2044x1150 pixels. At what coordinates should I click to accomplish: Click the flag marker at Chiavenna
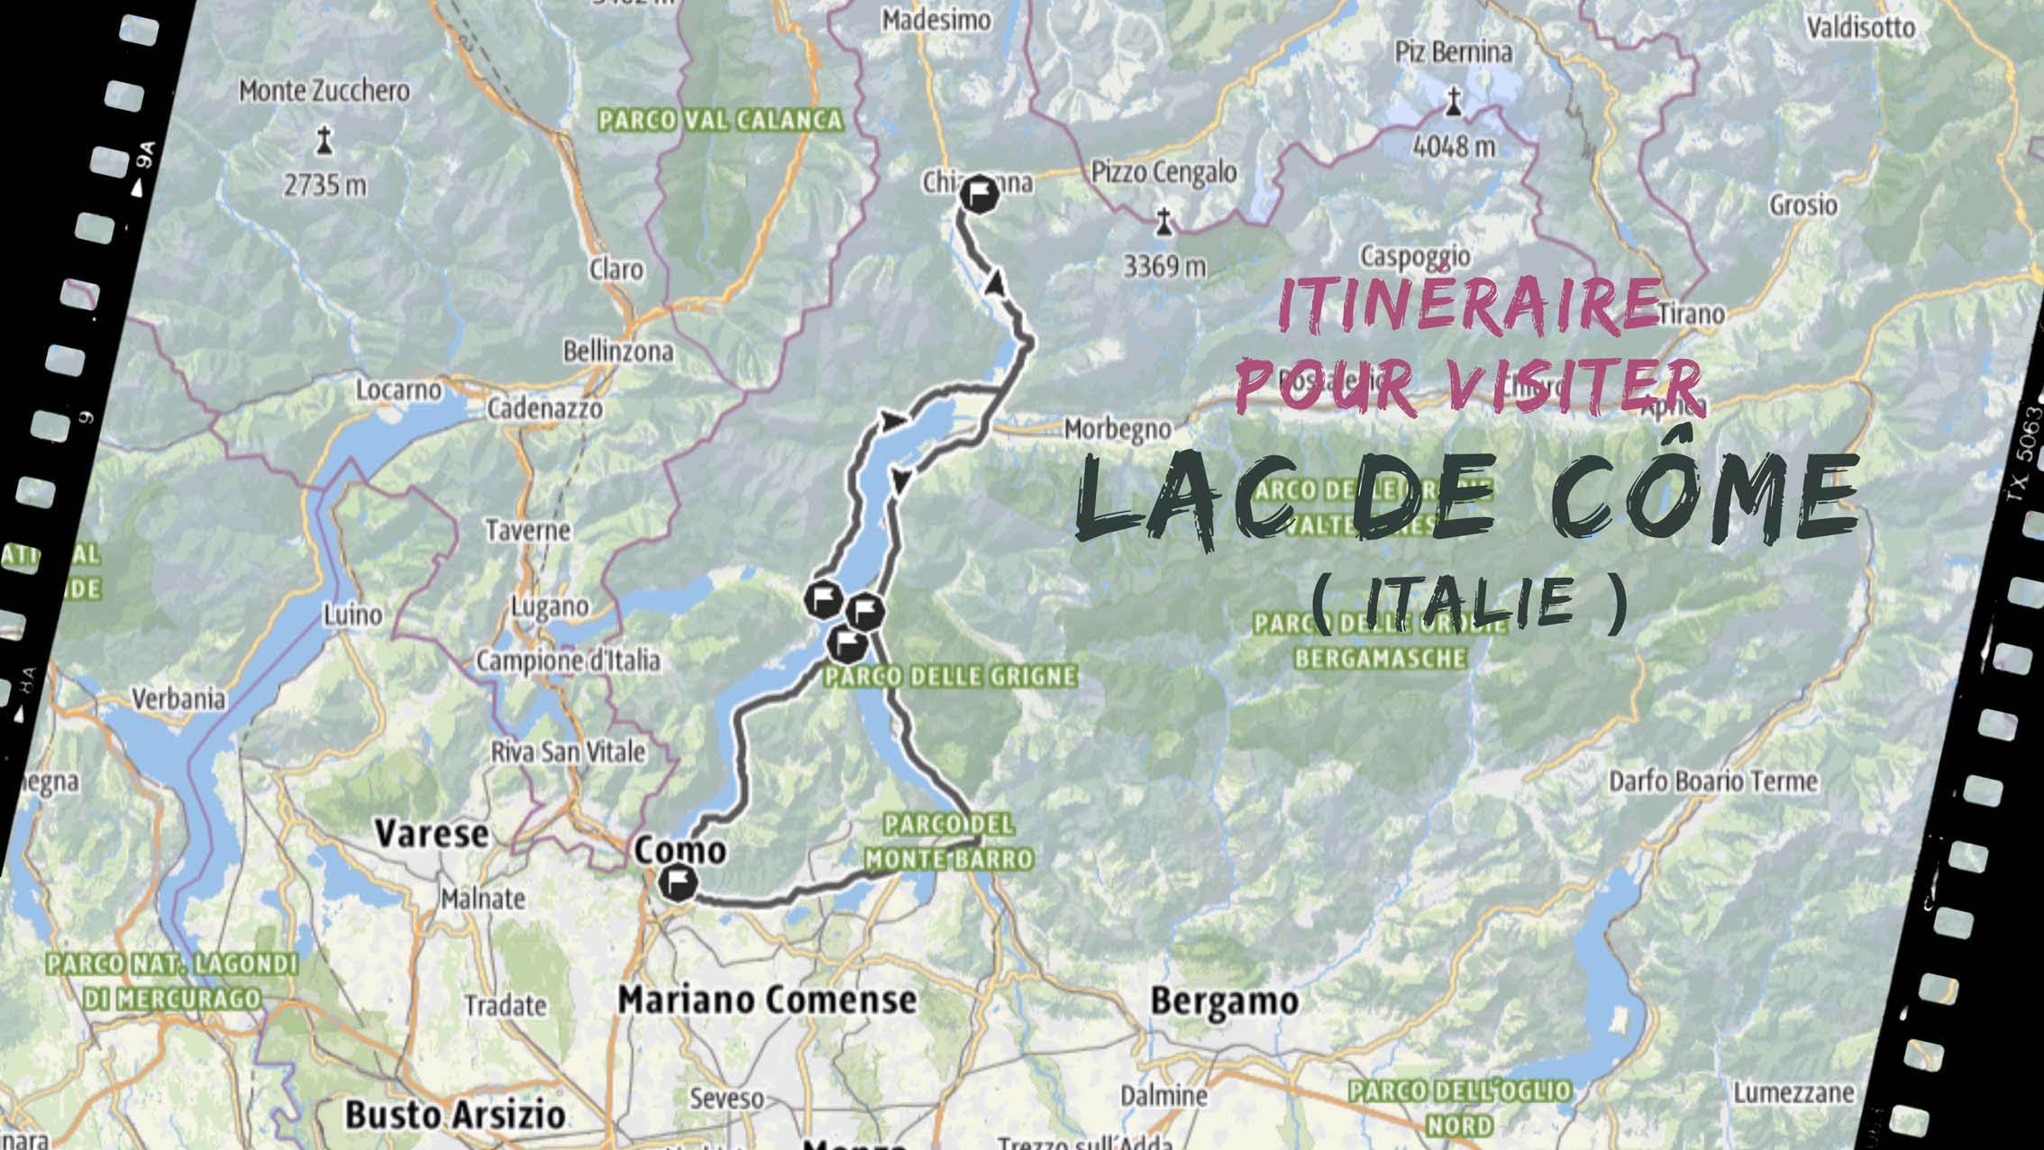click(979, 194)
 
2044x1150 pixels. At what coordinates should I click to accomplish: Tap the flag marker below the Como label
click(677, 882)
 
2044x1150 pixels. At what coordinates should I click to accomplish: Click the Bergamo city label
click(1224, 1001)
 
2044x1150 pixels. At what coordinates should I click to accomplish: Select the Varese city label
click(432, 833)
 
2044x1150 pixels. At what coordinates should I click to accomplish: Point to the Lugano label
click(550, 607)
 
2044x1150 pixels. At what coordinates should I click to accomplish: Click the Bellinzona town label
click(618, 351)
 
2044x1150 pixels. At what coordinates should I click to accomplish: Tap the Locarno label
click(398, 390)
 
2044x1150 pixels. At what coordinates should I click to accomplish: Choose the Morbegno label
click(1118, 429)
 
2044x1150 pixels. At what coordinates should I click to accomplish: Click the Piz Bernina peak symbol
click(1453, 101)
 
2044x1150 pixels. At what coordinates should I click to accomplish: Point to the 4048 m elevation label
click(1454, 145)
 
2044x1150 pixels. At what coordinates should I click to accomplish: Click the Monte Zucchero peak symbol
click(324, 141)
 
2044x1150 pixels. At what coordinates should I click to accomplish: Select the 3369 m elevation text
click(1164, 266)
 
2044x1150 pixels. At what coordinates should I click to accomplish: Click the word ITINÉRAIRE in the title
click(1469, 303)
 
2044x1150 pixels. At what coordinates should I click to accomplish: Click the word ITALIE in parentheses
click(1469, 601)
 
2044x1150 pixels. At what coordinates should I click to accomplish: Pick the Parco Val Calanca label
click(721, 120)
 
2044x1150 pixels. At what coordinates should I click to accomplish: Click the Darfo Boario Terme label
click(1713, 780)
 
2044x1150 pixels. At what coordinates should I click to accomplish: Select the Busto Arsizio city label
click(455, 1115)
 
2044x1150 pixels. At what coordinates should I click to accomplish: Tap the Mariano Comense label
click(767, 999)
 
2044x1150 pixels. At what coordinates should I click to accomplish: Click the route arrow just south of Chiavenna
click(995, 283)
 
